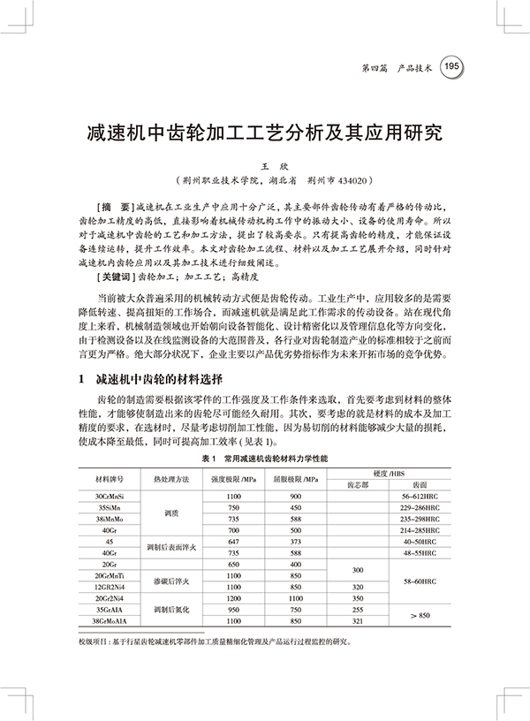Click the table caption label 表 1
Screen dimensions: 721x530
[210, 460]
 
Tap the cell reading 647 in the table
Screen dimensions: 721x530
[234, 540]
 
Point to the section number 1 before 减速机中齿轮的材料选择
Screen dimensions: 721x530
[80, 381]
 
